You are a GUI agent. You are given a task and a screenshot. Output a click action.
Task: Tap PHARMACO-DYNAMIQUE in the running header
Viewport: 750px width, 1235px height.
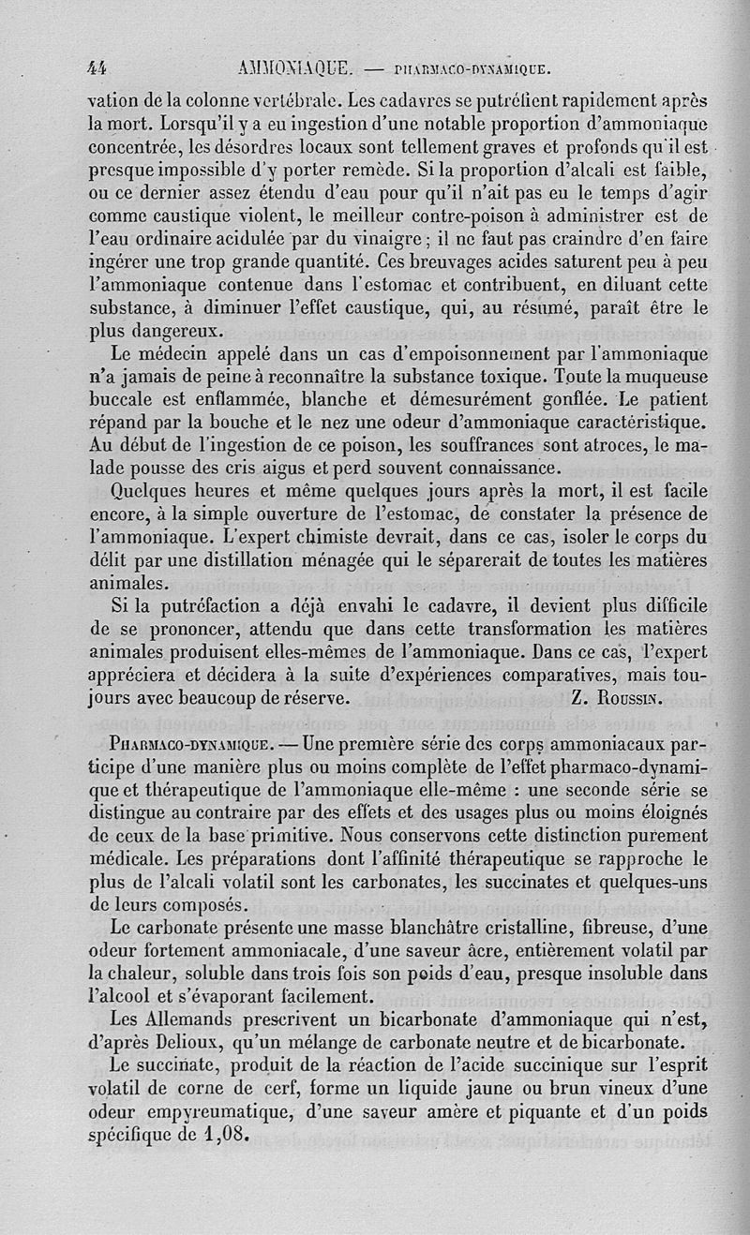point(472,68)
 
